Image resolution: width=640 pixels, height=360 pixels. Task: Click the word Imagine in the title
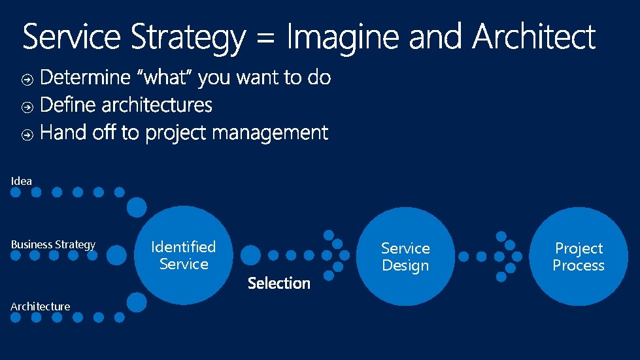[x=343, y=38]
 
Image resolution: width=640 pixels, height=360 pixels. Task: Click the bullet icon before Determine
[x=27, y=80]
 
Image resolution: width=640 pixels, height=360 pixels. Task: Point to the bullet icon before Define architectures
[x=27, y=107]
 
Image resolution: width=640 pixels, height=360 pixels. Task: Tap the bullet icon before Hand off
[x=27, y=135]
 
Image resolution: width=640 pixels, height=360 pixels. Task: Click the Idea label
[x=21, y=181]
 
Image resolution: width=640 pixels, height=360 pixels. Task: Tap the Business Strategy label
[x=53, y=244]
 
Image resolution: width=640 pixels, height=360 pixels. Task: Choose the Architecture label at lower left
[x=40, y=306]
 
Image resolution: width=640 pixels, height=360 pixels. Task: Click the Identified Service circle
[x=184, y=255]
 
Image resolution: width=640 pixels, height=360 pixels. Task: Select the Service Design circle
[x=405, y=257]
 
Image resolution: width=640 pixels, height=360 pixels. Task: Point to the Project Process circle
[x=579, y=257]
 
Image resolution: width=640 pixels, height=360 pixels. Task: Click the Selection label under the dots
[x=278, y=284]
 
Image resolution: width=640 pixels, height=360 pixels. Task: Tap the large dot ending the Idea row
[x=137, y=208]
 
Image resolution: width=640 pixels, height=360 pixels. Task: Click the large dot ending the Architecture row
[x=137, y=302]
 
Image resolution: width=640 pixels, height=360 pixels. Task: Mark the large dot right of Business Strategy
[x=116, y=255]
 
